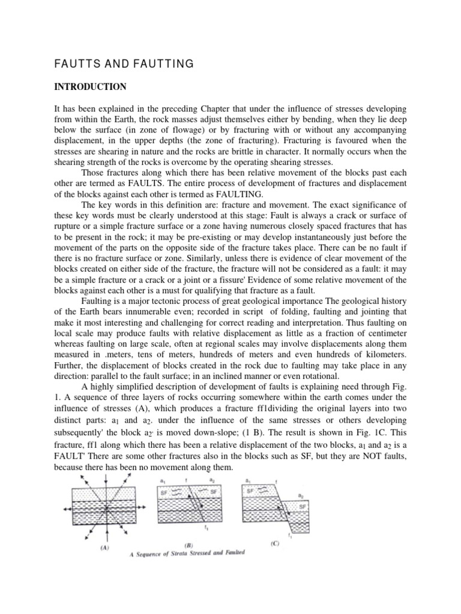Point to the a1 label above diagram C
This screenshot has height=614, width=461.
click(x=248, y=480)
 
